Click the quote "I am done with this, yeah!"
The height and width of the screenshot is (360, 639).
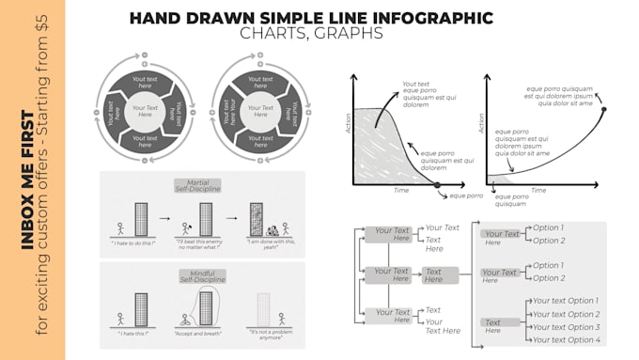(x=276, y=244)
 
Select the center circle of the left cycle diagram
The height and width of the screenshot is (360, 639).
(x=145, y=113)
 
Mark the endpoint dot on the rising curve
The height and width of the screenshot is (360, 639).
(x=603, y=110)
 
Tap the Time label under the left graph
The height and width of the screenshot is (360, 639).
(x=401, y=190)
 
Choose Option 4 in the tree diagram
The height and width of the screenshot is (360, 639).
(x=566, y=339)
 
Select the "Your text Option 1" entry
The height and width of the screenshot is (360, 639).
(x=566, y=301)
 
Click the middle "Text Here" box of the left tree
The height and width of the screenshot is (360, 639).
(x=433, y=275)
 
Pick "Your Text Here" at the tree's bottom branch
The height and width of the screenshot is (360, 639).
(x=394, y=316)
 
